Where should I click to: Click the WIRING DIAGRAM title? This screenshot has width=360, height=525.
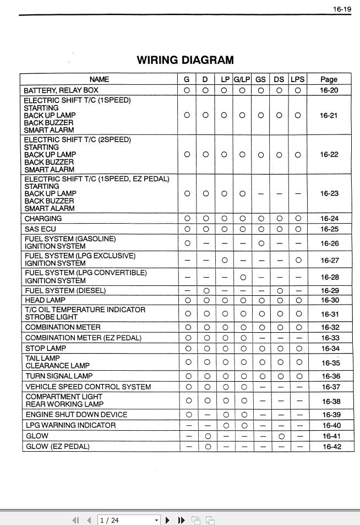click(x=185, y=60)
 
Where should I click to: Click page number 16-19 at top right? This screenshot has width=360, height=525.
click(x=341, y=9)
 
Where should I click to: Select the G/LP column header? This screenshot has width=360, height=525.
click(x=242, y=79)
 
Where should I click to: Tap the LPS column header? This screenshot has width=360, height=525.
click(x=297, y=79)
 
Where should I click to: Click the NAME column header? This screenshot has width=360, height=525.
click(x=99, y=79)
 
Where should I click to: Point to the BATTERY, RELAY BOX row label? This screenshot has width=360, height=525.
click(x=61, y=90)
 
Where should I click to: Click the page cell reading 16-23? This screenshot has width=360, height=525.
click(x=329, y=193)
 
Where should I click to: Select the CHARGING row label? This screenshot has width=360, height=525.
click(x=43, y=219)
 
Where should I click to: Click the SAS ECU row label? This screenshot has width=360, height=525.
click(x=40, y=229)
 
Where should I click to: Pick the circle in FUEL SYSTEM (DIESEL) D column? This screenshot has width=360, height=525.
click(x=205, y=290)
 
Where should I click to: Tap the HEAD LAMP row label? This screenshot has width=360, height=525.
click(x=45, y=300)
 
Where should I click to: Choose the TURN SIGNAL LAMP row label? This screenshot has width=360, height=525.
click(x=59, y=376)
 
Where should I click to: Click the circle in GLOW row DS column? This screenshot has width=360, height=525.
click(x=280, y=436)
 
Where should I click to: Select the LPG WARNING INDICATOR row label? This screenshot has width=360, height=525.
click(x=70, y=425)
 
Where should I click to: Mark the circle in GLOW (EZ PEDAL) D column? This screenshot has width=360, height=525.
click(x=205, y=446)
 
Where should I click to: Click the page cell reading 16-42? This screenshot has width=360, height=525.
click(x=331, y=446)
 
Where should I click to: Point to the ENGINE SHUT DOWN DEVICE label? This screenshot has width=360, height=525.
click(x=76, y=414)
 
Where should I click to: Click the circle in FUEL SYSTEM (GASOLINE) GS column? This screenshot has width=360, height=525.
click(x=261, y=243)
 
